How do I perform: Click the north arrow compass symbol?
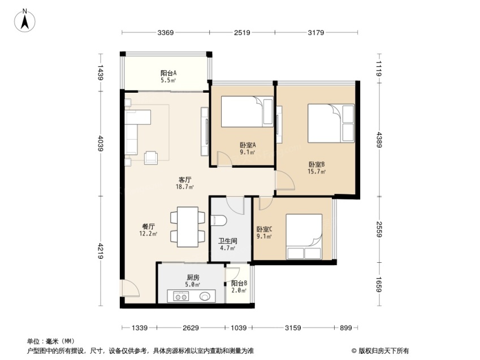pyautogui.click(x=25, y=21)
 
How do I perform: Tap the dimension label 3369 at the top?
pyautogui.click(x=166, y=32)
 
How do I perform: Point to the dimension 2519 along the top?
pyautogui.click(x=242, y=32)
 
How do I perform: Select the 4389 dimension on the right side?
pyautogui.click(x=379, y=140)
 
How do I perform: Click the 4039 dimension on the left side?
pyautogui.click(x=101, y=144)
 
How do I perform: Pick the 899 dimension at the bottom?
pyautogui.click(x=346, y=328)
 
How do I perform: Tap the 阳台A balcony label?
pyautogui.click(x=168, y=73)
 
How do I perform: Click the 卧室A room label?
pyautogui.click(x=248, y=145)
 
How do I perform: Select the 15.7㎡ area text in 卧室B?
pyautogui.click(x=317, y=172)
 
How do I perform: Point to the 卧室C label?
pyautogui.click(x=264, y=229)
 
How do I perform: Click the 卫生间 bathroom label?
pyautogui.click(x=228, y=241)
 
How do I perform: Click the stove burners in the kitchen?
pyautogui.click(x=180, y=296)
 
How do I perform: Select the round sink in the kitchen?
pyautogui.click(x=205, y=296)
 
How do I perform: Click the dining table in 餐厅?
pyautogui.click(x=188, y=227)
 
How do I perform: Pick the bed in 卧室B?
pyautogui.click(x=331, y=123)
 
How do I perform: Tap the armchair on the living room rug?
pyautogui.click(x=151, y=158)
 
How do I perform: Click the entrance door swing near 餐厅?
pyautogui.click(x=130, y=288)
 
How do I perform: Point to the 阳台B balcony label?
pyautogui.click(x=239, y=284)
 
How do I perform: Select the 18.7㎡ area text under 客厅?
pyautogui.click(x=185, y=186)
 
